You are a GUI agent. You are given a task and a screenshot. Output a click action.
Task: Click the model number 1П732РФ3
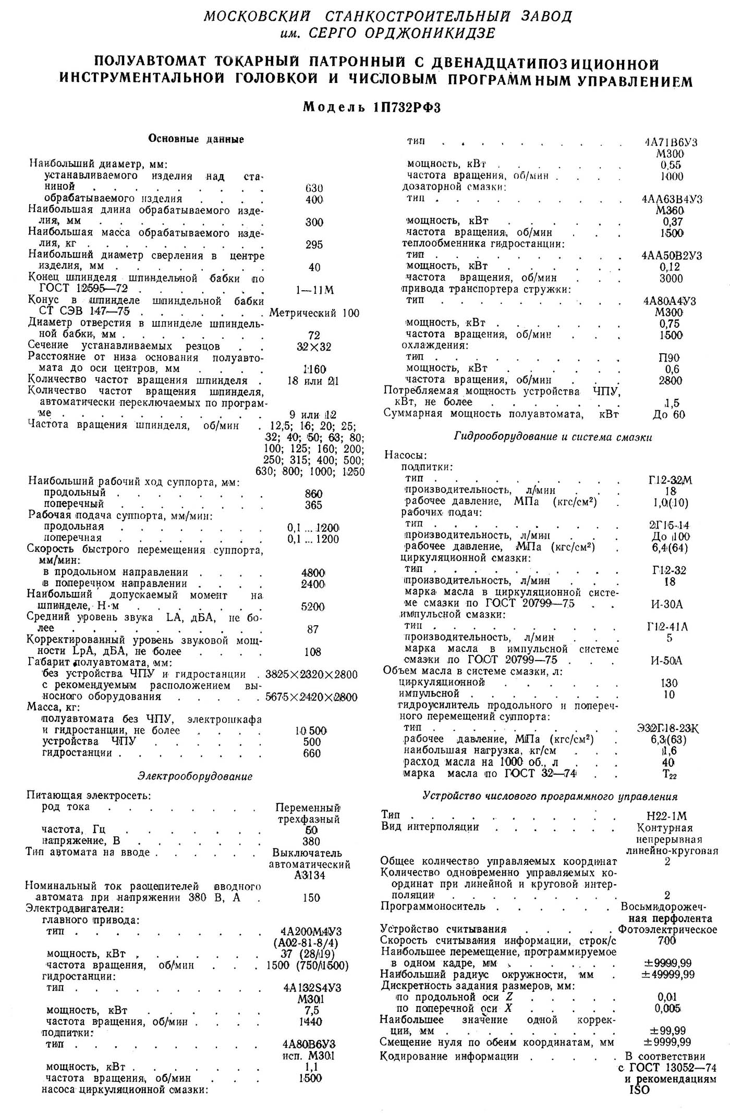pyautogui.click(x=407, y=108)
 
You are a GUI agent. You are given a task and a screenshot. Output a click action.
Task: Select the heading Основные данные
pyautogui.click(x=196, y=139)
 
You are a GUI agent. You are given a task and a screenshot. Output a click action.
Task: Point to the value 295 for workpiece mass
pyautogui.click(x=314, y=244)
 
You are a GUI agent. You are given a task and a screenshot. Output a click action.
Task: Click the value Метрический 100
pyautogui.click(x=314, y=313)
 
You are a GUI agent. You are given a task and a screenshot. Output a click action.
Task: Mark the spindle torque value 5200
pyautogui.click(x=313, y=606)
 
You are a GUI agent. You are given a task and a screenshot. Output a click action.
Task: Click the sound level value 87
pyautogui.click(x=313, y=629)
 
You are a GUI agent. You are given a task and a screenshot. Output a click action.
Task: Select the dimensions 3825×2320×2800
pyautogui.click(x=311, y=675)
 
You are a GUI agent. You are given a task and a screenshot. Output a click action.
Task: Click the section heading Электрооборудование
pyautogui.click(x=195, y=776)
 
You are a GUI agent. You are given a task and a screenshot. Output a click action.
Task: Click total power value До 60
pyautogui.click(x=669, y=415)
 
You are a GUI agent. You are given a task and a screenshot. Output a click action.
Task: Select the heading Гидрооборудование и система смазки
pyautogui.click(x=553, y=437)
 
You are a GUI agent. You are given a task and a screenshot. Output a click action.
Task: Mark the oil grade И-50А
pyautogui.click(x=667, y=661)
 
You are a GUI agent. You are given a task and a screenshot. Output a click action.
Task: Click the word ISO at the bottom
pyautogui.click(x=640, y=1089)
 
